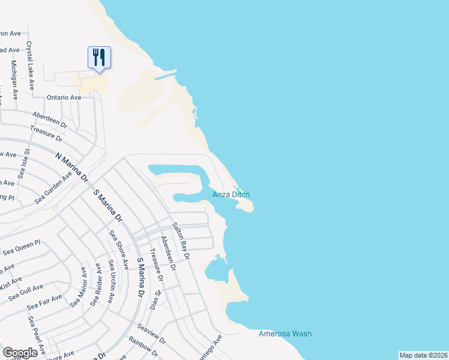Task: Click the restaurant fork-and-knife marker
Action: [98, 58]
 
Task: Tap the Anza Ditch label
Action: [231, 194]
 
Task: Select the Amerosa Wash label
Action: [285, 334]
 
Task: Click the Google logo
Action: [20, 352]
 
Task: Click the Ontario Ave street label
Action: [64, 97]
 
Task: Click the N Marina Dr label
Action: [71, 167]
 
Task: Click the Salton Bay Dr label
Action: [181, 241]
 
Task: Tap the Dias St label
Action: [155, 300]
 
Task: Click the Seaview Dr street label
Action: [151, 333]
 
